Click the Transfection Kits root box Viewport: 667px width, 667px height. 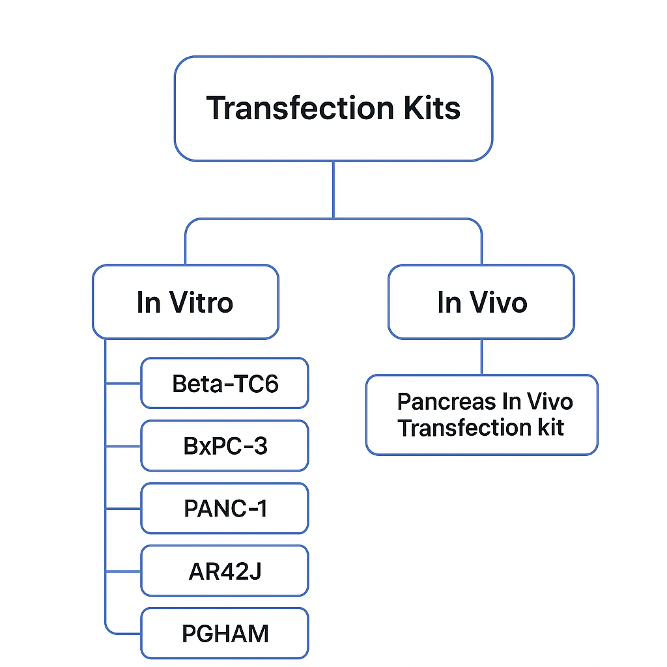tap(333, 109)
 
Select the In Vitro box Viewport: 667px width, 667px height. tap(186, 302)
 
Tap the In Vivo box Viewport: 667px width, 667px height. tap(481, 302)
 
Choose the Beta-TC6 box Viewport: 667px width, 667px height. tap(225, 383)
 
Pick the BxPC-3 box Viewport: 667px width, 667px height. tap(225, 446)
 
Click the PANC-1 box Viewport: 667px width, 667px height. tap(225, 508)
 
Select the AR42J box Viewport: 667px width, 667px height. tap(225, 571)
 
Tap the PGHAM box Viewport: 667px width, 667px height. tap(225, 633)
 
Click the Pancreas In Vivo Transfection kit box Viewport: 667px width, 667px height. tap(482, 415)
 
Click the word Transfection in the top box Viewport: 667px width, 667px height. tap(300, 108)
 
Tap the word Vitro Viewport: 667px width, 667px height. tap(201, 302)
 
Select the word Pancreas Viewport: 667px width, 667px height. tap(446, 401)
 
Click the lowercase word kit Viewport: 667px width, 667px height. tap(551, 427)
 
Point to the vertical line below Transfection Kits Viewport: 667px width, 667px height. tap(333, 190)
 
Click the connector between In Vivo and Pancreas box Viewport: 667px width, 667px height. tap(481, 357)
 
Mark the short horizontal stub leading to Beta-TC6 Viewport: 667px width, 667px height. tap(123, 383)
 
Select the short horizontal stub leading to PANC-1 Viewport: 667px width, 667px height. tap(123, 508)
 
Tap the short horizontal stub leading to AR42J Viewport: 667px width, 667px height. tap(123, 571)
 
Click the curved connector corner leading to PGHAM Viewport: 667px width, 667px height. tap(109, 630)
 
